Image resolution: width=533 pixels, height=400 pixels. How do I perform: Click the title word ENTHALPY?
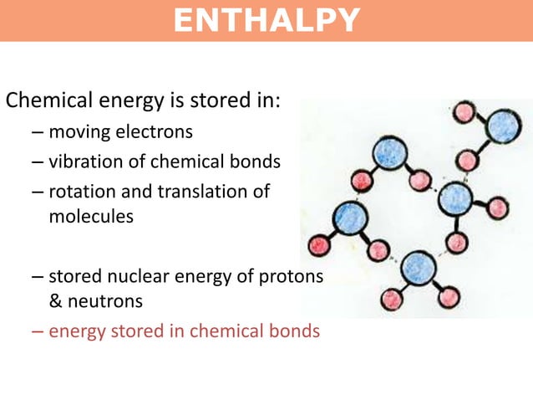tap(266, 20)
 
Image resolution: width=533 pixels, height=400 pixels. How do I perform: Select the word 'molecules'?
tap(90, 215)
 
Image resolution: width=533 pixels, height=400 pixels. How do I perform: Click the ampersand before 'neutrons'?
tap(56, 300)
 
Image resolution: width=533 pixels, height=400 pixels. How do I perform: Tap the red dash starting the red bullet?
tap(37, 331)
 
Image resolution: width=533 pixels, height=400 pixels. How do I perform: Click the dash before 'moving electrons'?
tap(37, 131)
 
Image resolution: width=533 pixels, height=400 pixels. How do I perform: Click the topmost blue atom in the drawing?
tap(503, 126)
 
